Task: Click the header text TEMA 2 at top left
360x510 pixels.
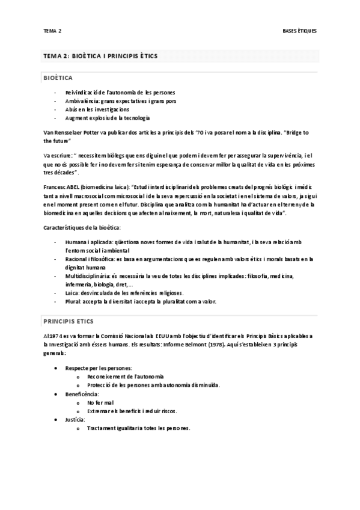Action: [x=53, y=30]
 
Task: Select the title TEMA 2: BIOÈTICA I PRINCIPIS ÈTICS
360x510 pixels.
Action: [x=100, y=56]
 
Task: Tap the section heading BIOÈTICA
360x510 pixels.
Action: [x=58, y=78]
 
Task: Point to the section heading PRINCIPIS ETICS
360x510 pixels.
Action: [x=69, y=321]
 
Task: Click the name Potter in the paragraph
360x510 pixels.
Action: [x=90, y=131]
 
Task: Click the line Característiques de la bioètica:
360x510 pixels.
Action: [x=82, y=227]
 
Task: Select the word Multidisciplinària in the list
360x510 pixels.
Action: [x=88, y=275]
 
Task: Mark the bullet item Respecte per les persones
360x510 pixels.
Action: [x=99, y=367]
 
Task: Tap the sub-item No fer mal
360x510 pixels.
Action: [x=100, y=402]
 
